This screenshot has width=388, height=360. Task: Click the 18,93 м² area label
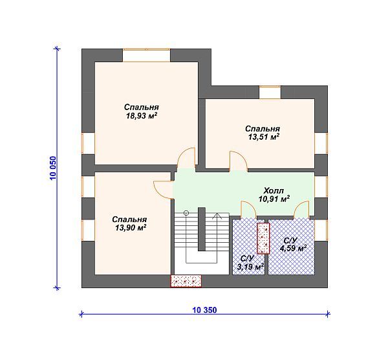tap(142, 116)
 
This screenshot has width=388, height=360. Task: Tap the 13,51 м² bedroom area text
tap(264, 137)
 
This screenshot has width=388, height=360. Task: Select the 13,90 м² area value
tap(131, 227)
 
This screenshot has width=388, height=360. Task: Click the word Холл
tap(274, 191)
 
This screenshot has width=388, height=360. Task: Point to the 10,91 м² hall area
tap(274, 199)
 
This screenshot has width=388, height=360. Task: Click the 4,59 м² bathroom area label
tap(293, 248)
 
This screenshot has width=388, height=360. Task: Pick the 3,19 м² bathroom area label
tap(250, 267)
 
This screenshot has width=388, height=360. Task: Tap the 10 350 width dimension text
tap(204, 310)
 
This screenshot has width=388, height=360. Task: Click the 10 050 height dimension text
tap(53, 168)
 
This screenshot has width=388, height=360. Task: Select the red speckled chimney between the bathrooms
tap(263, 238)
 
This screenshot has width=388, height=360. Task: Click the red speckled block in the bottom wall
tap(186, 281)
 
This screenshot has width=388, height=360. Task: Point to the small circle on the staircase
tap(186, 212)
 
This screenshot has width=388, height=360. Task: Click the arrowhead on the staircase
tap(217, 216)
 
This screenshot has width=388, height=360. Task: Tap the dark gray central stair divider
tap(202, 229)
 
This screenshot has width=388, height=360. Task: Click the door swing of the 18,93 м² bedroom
tap(187, 157)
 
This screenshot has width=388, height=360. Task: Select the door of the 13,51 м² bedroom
tap(238, 161)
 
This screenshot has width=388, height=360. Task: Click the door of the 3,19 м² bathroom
tap(249, 210)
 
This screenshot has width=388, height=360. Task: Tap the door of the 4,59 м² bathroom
tap(301, 210)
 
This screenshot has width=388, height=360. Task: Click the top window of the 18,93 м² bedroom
tap(147, 55)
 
